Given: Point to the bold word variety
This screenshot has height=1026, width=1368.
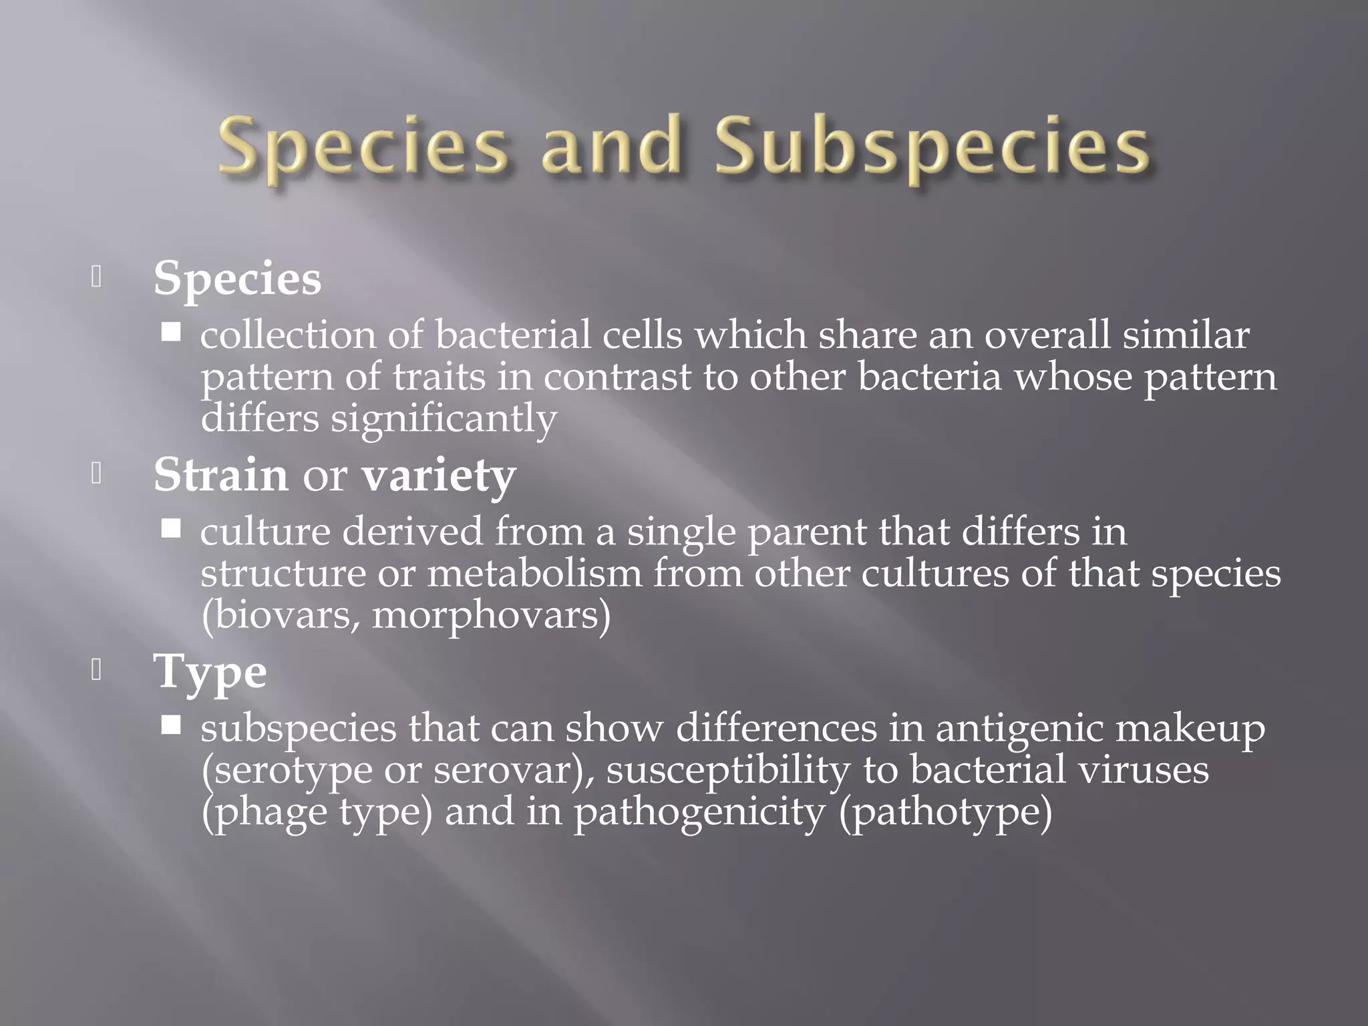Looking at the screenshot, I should pyautogui.click(x=439, y=476).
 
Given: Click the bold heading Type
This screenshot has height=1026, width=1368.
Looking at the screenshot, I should pyautogui.click(x=210, y=672).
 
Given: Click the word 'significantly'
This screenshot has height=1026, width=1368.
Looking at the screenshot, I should pyautogui.click(x=444, y=419).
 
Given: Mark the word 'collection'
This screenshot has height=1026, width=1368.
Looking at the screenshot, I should pyautogui.click(x=288, y=335).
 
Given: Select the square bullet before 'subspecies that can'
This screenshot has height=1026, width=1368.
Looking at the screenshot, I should pyautogui.click(x=171, y=725).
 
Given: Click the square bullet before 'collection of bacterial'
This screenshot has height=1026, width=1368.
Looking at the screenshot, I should pyautogui.click(x=171, y=332).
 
